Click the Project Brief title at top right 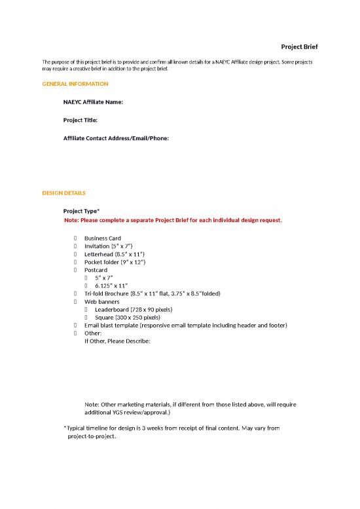coord(299,47)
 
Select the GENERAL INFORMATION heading coord(75,84)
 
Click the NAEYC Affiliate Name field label coord(93,102)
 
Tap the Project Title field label coord(81,121)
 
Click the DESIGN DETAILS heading coord(63,193)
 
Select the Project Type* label coord(81,211)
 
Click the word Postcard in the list coord(96,270)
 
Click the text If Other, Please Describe coord(118,341)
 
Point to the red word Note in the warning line coord(71,220)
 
